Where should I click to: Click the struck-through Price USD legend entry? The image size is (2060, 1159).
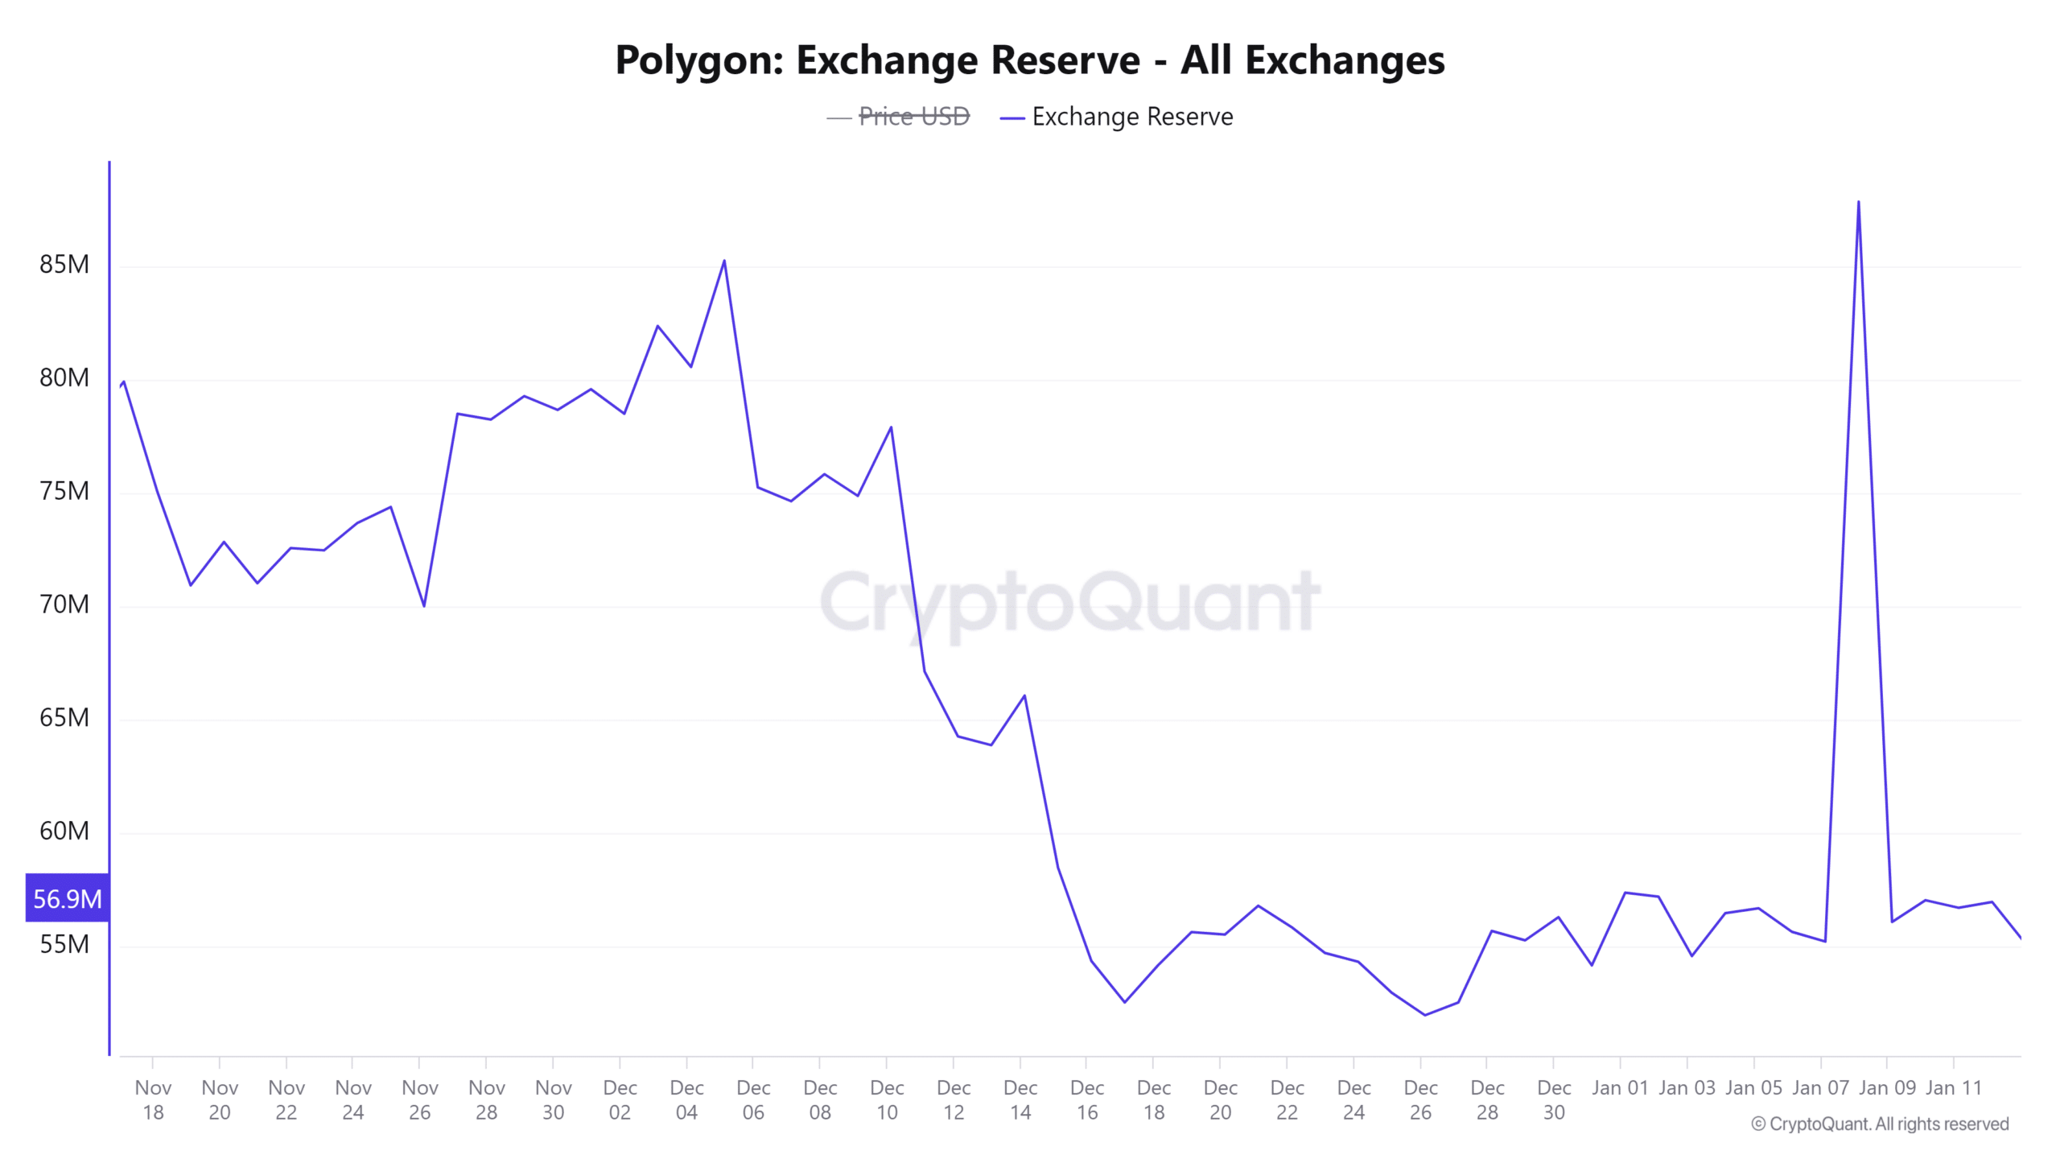point(913,118)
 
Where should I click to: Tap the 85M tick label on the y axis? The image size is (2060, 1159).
point(64,265)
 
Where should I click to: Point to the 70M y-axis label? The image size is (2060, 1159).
point(64,604)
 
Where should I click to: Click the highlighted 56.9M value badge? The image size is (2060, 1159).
point(68,898)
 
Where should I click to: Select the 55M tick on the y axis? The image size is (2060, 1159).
point(64,944)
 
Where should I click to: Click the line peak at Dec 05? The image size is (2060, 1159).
point(724,261)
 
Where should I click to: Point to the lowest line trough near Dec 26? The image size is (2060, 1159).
point(1424,1015)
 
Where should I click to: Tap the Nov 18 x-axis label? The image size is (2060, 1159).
point(153,1099)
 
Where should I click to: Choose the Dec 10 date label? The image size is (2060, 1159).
point(887,1099)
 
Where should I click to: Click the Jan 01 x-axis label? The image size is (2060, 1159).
point(1620,1088)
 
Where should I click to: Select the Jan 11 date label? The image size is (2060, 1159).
point(1953,1088)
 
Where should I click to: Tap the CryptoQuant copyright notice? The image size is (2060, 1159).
point(1880,1124)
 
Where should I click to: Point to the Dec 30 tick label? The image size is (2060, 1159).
point(1554,1099)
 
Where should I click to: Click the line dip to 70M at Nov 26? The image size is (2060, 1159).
point(424,606)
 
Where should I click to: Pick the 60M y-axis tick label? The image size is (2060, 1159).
point(64,831)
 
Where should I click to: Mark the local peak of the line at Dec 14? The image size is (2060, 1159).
point(1024,695)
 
